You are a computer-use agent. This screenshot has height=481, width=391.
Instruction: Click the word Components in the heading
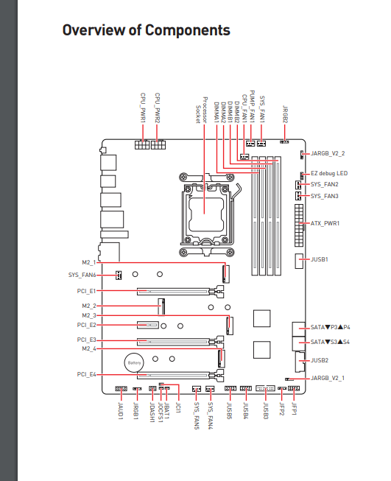(187, 30)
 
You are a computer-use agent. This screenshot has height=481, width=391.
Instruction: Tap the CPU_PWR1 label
(143, 108)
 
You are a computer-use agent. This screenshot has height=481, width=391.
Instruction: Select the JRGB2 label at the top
(285, 114)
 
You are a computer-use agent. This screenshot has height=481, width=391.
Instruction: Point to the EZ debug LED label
(329, 173)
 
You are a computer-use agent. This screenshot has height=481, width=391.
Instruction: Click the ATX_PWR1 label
(325, 223)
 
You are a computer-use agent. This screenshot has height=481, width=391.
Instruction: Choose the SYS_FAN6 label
(82, 275)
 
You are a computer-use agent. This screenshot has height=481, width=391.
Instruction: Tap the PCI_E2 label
(86, 325)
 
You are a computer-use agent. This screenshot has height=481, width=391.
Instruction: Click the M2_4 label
(89, 348)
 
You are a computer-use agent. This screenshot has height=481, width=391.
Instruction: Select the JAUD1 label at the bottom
(121, 411)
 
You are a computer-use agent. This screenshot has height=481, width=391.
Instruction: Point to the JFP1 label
(294, 409)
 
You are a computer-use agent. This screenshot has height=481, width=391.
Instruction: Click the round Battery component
(134, 362)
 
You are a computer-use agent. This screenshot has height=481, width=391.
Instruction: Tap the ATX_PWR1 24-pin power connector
(299, 225)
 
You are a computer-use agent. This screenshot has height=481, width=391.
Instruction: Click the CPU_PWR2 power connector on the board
(158, 144)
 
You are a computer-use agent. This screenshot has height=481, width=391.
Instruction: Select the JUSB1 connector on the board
(299, 261)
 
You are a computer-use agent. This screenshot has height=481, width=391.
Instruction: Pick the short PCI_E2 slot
(147, 325)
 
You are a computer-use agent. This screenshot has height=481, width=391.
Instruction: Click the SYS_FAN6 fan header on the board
(119, 275)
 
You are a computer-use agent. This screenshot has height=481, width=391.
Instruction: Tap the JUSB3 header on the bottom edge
(265, 388)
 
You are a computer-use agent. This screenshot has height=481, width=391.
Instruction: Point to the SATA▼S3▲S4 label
(330, 342)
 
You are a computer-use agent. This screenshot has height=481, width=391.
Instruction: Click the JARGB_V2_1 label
(328, 378)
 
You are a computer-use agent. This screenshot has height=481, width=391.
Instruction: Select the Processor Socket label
(202, 110)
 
